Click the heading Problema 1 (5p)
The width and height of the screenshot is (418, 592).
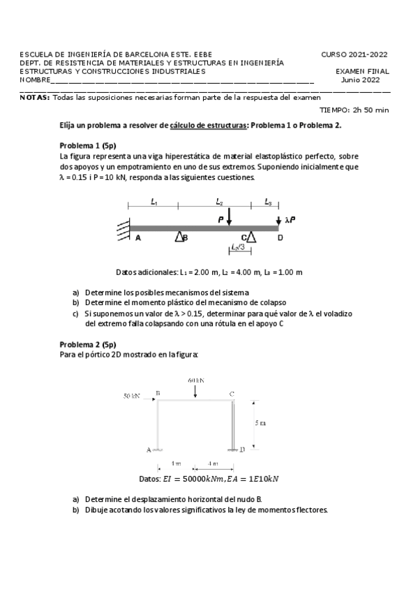(x=88, y=146)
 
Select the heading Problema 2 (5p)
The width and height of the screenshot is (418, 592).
(x=88, y=344)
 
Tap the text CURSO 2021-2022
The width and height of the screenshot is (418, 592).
(x=354, y=54)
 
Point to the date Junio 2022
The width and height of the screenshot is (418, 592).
(x=360, y=80)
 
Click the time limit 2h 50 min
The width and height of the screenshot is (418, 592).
(x=371, y=110)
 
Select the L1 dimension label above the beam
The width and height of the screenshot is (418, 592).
(x=154, y=202)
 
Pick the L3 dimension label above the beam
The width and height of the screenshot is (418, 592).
(x=268, y=202)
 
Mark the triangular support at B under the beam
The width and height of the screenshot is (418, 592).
(x=179, y=237)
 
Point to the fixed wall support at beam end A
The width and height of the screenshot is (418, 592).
(x=123, y=228)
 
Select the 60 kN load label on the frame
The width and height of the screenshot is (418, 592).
(x=195, y=380)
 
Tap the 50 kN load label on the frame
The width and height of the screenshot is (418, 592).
(x=133, y=396)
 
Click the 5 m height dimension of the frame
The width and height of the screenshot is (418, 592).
(x=260, y=423)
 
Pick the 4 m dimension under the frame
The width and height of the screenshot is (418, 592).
(x=211, y=464)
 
